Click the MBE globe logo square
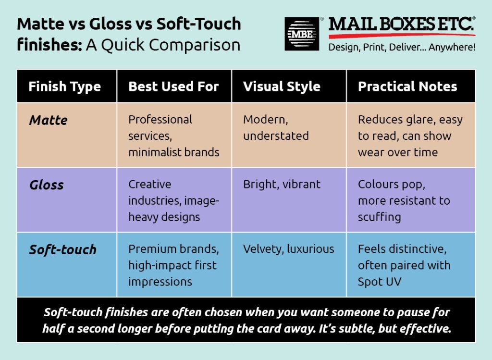[302, 34]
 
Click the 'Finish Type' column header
[65, 87]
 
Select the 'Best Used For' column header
[173, 87]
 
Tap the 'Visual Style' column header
[282, 87]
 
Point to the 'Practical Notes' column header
[407, 87]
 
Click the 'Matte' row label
[49, 120]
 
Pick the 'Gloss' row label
[47, 185]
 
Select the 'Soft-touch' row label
[63, 249]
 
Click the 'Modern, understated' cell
[276, 128]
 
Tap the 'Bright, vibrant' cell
[282, 184]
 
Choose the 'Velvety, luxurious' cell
[289, 249]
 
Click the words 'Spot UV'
[380, 282]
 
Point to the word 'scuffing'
[380, 217]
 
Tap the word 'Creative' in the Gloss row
[150, 184]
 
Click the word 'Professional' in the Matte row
[160, 120]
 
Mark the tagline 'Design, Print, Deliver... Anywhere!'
[402, 48]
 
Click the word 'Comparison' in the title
[195, 45]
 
